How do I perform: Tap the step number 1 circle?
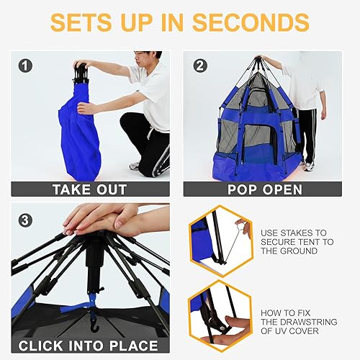pyautogui.click(x=26, y=66)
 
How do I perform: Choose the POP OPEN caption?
pyautogui.click(x=262, y=190)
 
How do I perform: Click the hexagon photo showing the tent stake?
pyautogui.click(x=219, y=237)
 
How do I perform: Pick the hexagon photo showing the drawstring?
pyautogui.click(x=219, y=316)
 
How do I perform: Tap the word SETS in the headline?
pyautogui.click(x=88, y=22)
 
